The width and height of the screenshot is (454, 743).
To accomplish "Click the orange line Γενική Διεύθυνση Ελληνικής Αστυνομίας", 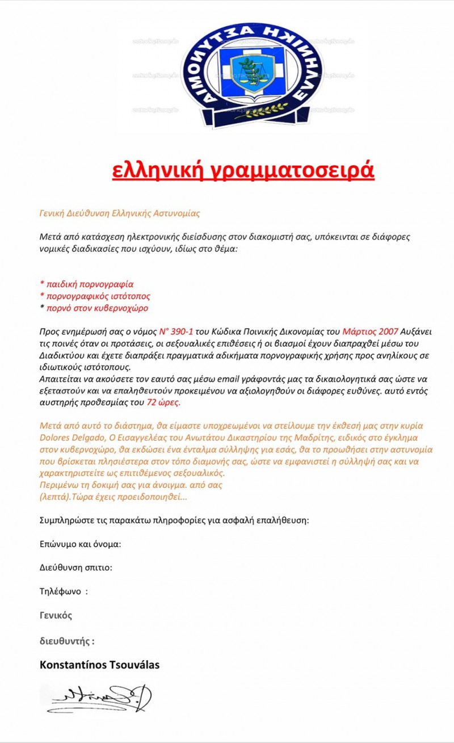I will (119, 213).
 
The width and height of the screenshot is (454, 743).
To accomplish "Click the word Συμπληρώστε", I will (66, 520).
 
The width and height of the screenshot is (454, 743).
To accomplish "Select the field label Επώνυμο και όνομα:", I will (80, 544).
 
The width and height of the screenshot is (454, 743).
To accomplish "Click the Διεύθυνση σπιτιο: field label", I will (75, 568).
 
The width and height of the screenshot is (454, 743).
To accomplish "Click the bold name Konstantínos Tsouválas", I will (99, 665).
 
